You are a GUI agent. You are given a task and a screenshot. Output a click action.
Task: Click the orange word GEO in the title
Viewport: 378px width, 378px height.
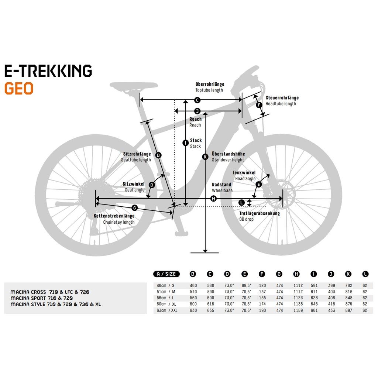[19, 89]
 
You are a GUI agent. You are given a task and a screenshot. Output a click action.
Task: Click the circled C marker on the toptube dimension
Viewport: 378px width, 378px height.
[197, 100]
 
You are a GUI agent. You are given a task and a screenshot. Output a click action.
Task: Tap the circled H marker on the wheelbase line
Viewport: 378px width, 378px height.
[213, 199]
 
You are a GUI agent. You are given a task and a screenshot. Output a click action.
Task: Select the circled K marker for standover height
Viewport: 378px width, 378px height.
[205, 157]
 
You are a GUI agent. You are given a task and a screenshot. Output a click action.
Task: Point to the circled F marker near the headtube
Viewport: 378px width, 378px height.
[259, 105]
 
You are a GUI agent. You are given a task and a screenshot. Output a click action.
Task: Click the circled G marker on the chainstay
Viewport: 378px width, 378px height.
[134, 208]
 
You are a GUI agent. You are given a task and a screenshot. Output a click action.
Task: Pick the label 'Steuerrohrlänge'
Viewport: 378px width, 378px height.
[282, 97]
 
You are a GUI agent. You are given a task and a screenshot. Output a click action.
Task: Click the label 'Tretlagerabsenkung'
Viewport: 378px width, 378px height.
[260, 213]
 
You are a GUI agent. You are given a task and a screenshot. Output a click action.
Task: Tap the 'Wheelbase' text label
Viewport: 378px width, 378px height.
[222, 190]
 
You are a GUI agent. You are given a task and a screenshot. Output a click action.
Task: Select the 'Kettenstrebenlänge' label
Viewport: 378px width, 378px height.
[114, 216]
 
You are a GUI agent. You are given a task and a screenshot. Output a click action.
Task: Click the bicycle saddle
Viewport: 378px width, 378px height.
[134, 86]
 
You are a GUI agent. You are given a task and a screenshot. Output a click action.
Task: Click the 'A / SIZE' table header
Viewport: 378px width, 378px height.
[166, 274]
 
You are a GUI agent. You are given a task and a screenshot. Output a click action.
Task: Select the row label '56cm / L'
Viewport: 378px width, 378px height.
[165, 298]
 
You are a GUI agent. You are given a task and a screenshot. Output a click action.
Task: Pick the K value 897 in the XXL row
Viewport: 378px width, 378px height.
[348, 310]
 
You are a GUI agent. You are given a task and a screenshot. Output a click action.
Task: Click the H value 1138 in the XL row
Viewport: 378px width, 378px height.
[298, 304]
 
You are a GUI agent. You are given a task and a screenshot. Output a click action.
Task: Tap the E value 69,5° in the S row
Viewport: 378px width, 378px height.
[246, 285]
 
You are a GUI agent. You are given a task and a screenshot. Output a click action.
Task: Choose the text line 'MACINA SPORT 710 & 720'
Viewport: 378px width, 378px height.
[42, 298]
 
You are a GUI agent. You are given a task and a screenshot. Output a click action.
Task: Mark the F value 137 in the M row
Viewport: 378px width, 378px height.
[262, 292]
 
